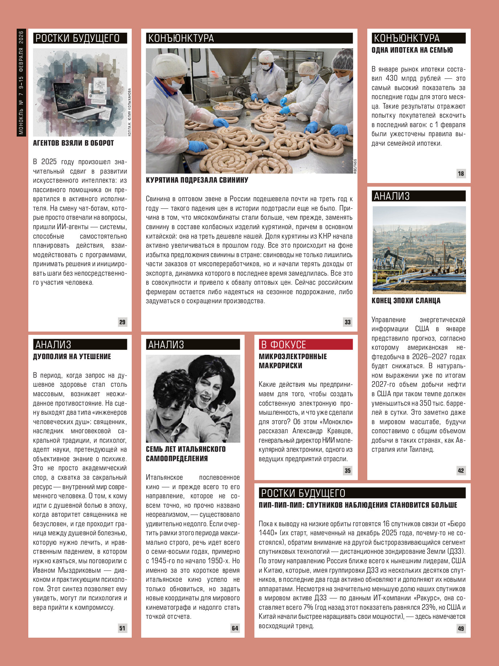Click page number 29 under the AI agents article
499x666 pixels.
[x=122, y=322]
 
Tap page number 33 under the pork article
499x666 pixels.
[x=348, y=322]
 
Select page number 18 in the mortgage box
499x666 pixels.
[x=461, y=173]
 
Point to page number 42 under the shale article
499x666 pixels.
[x=461, y=470]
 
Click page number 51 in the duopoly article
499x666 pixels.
[x=122, y=628]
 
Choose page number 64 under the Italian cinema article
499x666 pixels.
[x=235, y=628]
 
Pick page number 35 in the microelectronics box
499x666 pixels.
[x=348, y=470]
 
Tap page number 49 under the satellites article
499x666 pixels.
[x=461, y=628]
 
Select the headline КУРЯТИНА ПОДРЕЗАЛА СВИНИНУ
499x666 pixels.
[x=197, y=180]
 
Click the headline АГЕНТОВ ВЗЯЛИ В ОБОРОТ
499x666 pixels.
[x=73, y=143]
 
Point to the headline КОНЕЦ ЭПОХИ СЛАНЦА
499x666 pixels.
[x=406, y=301]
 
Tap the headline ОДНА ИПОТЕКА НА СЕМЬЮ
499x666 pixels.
[x=412, y=50]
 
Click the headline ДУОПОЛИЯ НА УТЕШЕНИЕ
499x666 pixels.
[x=72, y=357]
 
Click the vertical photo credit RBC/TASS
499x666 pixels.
[x=355, y=166]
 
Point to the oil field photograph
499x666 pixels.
[x=419, y=250]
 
